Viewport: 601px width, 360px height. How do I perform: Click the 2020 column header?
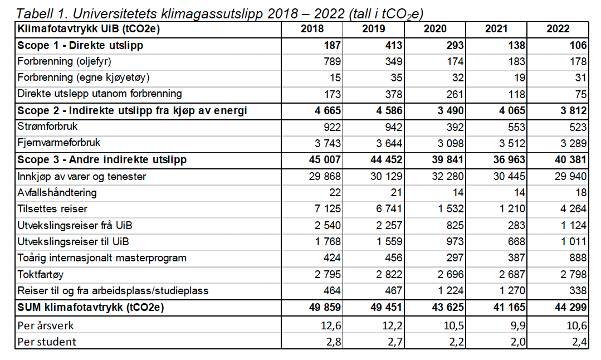coord(434,29)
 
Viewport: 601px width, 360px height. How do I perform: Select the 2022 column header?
coord(558,29)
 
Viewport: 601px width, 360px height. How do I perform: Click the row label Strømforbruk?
coord(47,127)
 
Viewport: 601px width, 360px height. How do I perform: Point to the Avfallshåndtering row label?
coord(57,192)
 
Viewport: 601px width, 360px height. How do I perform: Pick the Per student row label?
coord(47,341)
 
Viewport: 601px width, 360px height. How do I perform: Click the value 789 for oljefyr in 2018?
coord(333,61)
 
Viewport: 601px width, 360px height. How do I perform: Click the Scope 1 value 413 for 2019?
coord(394,45)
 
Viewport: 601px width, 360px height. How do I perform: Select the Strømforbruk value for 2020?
coord(455,127)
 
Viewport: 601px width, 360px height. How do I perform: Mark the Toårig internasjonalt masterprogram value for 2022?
coord(578,258)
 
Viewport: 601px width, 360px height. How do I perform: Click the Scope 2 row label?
coord(132,111)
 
